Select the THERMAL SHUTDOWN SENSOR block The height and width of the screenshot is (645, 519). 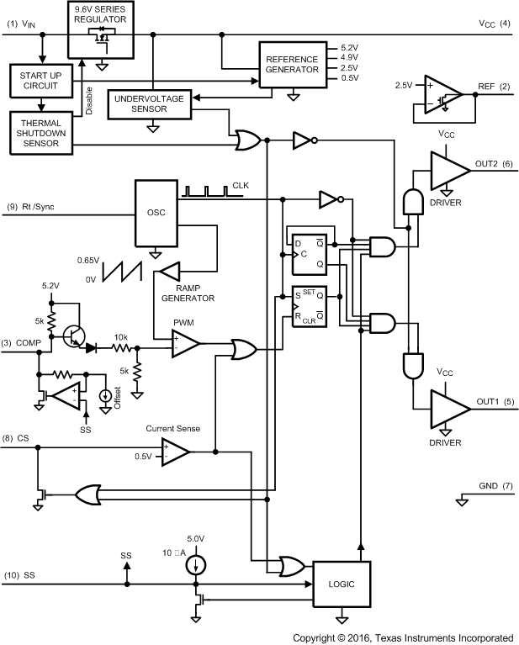point(41,131)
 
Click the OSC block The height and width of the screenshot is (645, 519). point(156,212)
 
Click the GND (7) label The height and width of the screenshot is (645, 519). point(495,486)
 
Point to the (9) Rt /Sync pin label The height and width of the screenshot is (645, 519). point(34,206)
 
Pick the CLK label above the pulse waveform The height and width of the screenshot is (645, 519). point(241,185)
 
